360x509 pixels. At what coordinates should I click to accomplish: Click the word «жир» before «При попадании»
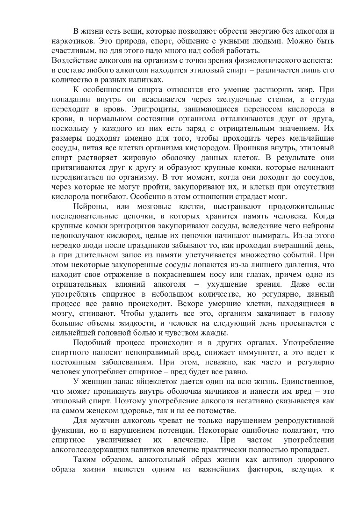[294, 90]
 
